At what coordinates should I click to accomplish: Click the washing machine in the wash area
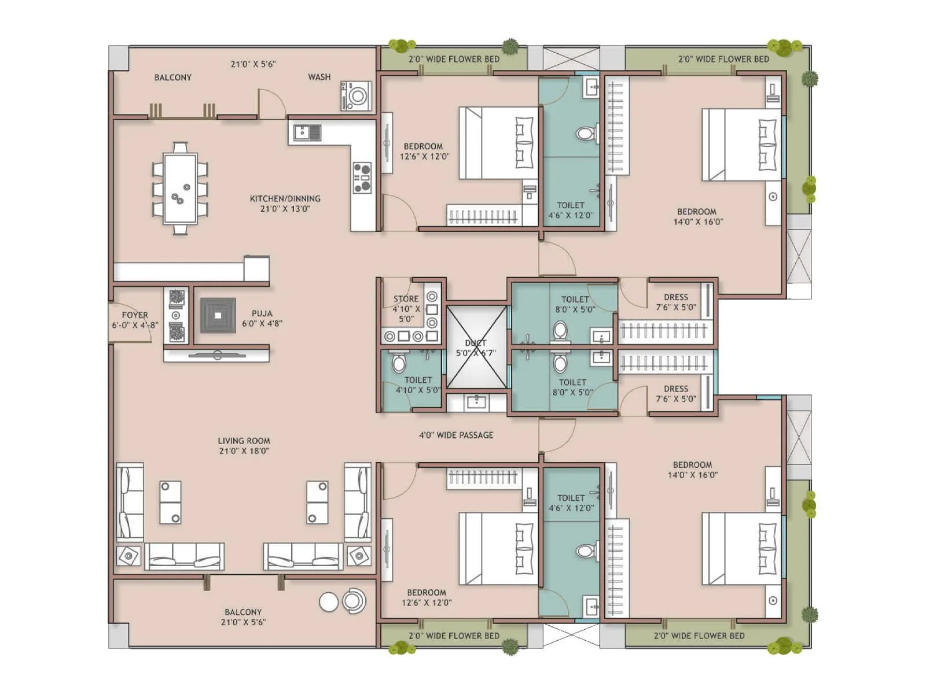356,95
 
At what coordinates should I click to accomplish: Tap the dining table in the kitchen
180,188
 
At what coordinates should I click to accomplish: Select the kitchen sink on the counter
307,133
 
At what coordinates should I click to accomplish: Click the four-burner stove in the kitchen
362,178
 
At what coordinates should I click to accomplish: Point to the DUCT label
476,343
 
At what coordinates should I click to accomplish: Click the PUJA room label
262,313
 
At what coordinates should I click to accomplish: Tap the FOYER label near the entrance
135,315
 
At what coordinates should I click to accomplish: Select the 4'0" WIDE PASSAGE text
456,435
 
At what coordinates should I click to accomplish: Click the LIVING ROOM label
244,441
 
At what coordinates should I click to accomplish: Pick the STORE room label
406,299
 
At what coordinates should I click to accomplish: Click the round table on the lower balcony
329,602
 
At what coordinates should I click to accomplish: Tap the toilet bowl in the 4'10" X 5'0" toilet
399,364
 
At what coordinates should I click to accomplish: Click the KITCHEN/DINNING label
285,198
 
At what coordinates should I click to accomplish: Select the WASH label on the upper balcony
319,77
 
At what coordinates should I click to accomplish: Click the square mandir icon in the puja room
218,315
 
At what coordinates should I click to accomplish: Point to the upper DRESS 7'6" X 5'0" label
676,297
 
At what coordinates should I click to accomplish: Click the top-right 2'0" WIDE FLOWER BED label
723,59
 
